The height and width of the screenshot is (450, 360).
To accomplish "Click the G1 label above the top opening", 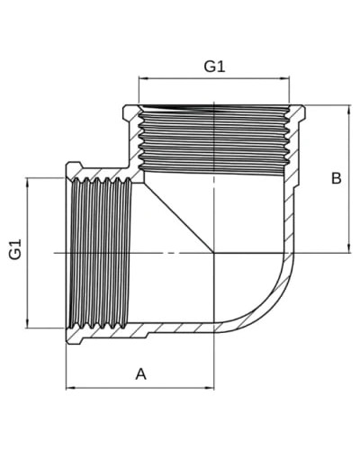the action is (214, 67).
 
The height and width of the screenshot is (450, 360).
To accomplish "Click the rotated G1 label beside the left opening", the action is (15, 248).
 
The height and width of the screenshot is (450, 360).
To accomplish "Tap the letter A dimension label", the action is (140, 374).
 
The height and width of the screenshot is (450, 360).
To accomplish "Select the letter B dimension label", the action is (336, 178).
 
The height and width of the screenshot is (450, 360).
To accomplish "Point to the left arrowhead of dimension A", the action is (70, 388).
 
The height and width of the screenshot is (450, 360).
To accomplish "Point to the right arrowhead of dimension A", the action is (210, 388).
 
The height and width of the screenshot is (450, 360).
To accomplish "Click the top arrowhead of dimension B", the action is (349, 110).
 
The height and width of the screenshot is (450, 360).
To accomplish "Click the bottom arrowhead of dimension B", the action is (349, 248).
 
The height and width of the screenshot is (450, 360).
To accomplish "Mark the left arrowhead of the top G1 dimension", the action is (143, 78).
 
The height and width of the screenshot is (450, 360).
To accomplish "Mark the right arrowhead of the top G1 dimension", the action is (284, 78).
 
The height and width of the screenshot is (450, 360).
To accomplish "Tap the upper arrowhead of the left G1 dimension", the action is (27, 183).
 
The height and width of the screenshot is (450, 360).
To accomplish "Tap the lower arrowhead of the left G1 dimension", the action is (27, 324).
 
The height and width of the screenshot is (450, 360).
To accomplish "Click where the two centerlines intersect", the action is (214, 253).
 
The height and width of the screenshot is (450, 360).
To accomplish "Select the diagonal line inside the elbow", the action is (179, 218).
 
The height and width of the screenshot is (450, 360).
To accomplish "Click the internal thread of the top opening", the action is (213, 140).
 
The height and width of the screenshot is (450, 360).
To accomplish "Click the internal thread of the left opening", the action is (100, 253).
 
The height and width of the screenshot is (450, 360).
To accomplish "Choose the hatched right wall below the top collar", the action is (289, 216).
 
